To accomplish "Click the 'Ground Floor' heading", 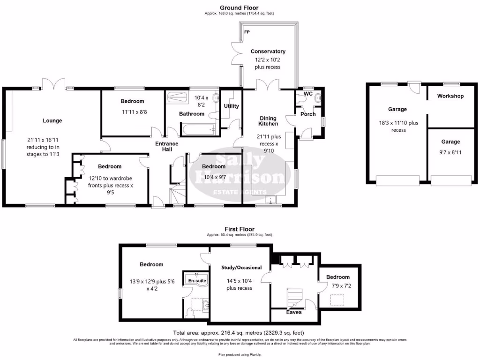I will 239,7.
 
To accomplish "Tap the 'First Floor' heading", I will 240,229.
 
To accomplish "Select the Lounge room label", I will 52,120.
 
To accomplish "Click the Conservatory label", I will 268,52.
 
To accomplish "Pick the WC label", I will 308,94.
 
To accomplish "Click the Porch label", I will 308,114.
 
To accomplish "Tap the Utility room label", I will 231,106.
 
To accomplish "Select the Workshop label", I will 450,96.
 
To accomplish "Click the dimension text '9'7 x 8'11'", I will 450,152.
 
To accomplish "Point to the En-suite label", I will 196,280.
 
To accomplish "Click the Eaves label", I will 294,312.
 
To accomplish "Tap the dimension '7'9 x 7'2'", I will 337,285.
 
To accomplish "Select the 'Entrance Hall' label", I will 167,146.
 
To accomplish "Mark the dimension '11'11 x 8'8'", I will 132,112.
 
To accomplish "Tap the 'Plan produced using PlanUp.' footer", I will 240,354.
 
